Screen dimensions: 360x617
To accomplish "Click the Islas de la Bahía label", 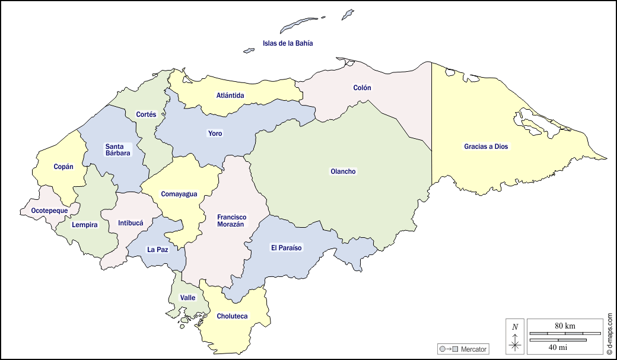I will [288, 43].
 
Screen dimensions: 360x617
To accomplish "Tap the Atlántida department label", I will [230, 95].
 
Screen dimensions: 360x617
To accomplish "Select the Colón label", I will [362, 88].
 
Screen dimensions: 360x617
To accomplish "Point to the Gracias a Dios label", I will [486, 146].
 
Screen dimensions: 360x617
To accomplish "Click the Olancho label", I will [343, 171].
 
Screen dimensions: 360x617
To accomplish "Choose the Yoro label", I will [215, 133].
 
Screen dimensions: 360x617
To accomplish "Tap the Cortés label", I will [146, 114].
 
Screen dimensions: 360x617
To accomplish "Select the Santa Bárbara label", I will [117, 149].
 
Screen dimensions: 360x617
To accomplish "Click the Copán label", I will [63, 167].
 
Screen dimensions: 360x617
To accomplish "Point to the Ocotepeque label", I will [49, 211].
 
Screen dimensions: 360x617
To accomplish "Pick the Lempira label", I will [84, 225].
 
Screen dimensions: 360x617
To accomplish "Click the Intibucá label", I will [131, 224].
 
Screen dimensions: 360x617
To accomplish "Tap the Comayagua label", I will [179, 194].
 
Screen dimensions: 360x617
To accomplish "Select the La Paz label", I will [157, 250].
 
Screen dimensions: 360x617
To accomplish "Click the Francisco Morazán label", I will [231, 221].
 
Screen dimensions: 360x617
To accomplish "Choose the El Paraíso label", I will [287, 247].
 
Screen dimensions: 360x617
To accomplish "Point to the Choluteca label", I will [232, 316].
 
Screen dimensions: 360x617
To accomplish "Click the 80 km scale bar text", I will [565, 326].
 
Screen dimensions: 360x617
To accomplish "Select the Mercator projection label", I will [473, 349].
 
